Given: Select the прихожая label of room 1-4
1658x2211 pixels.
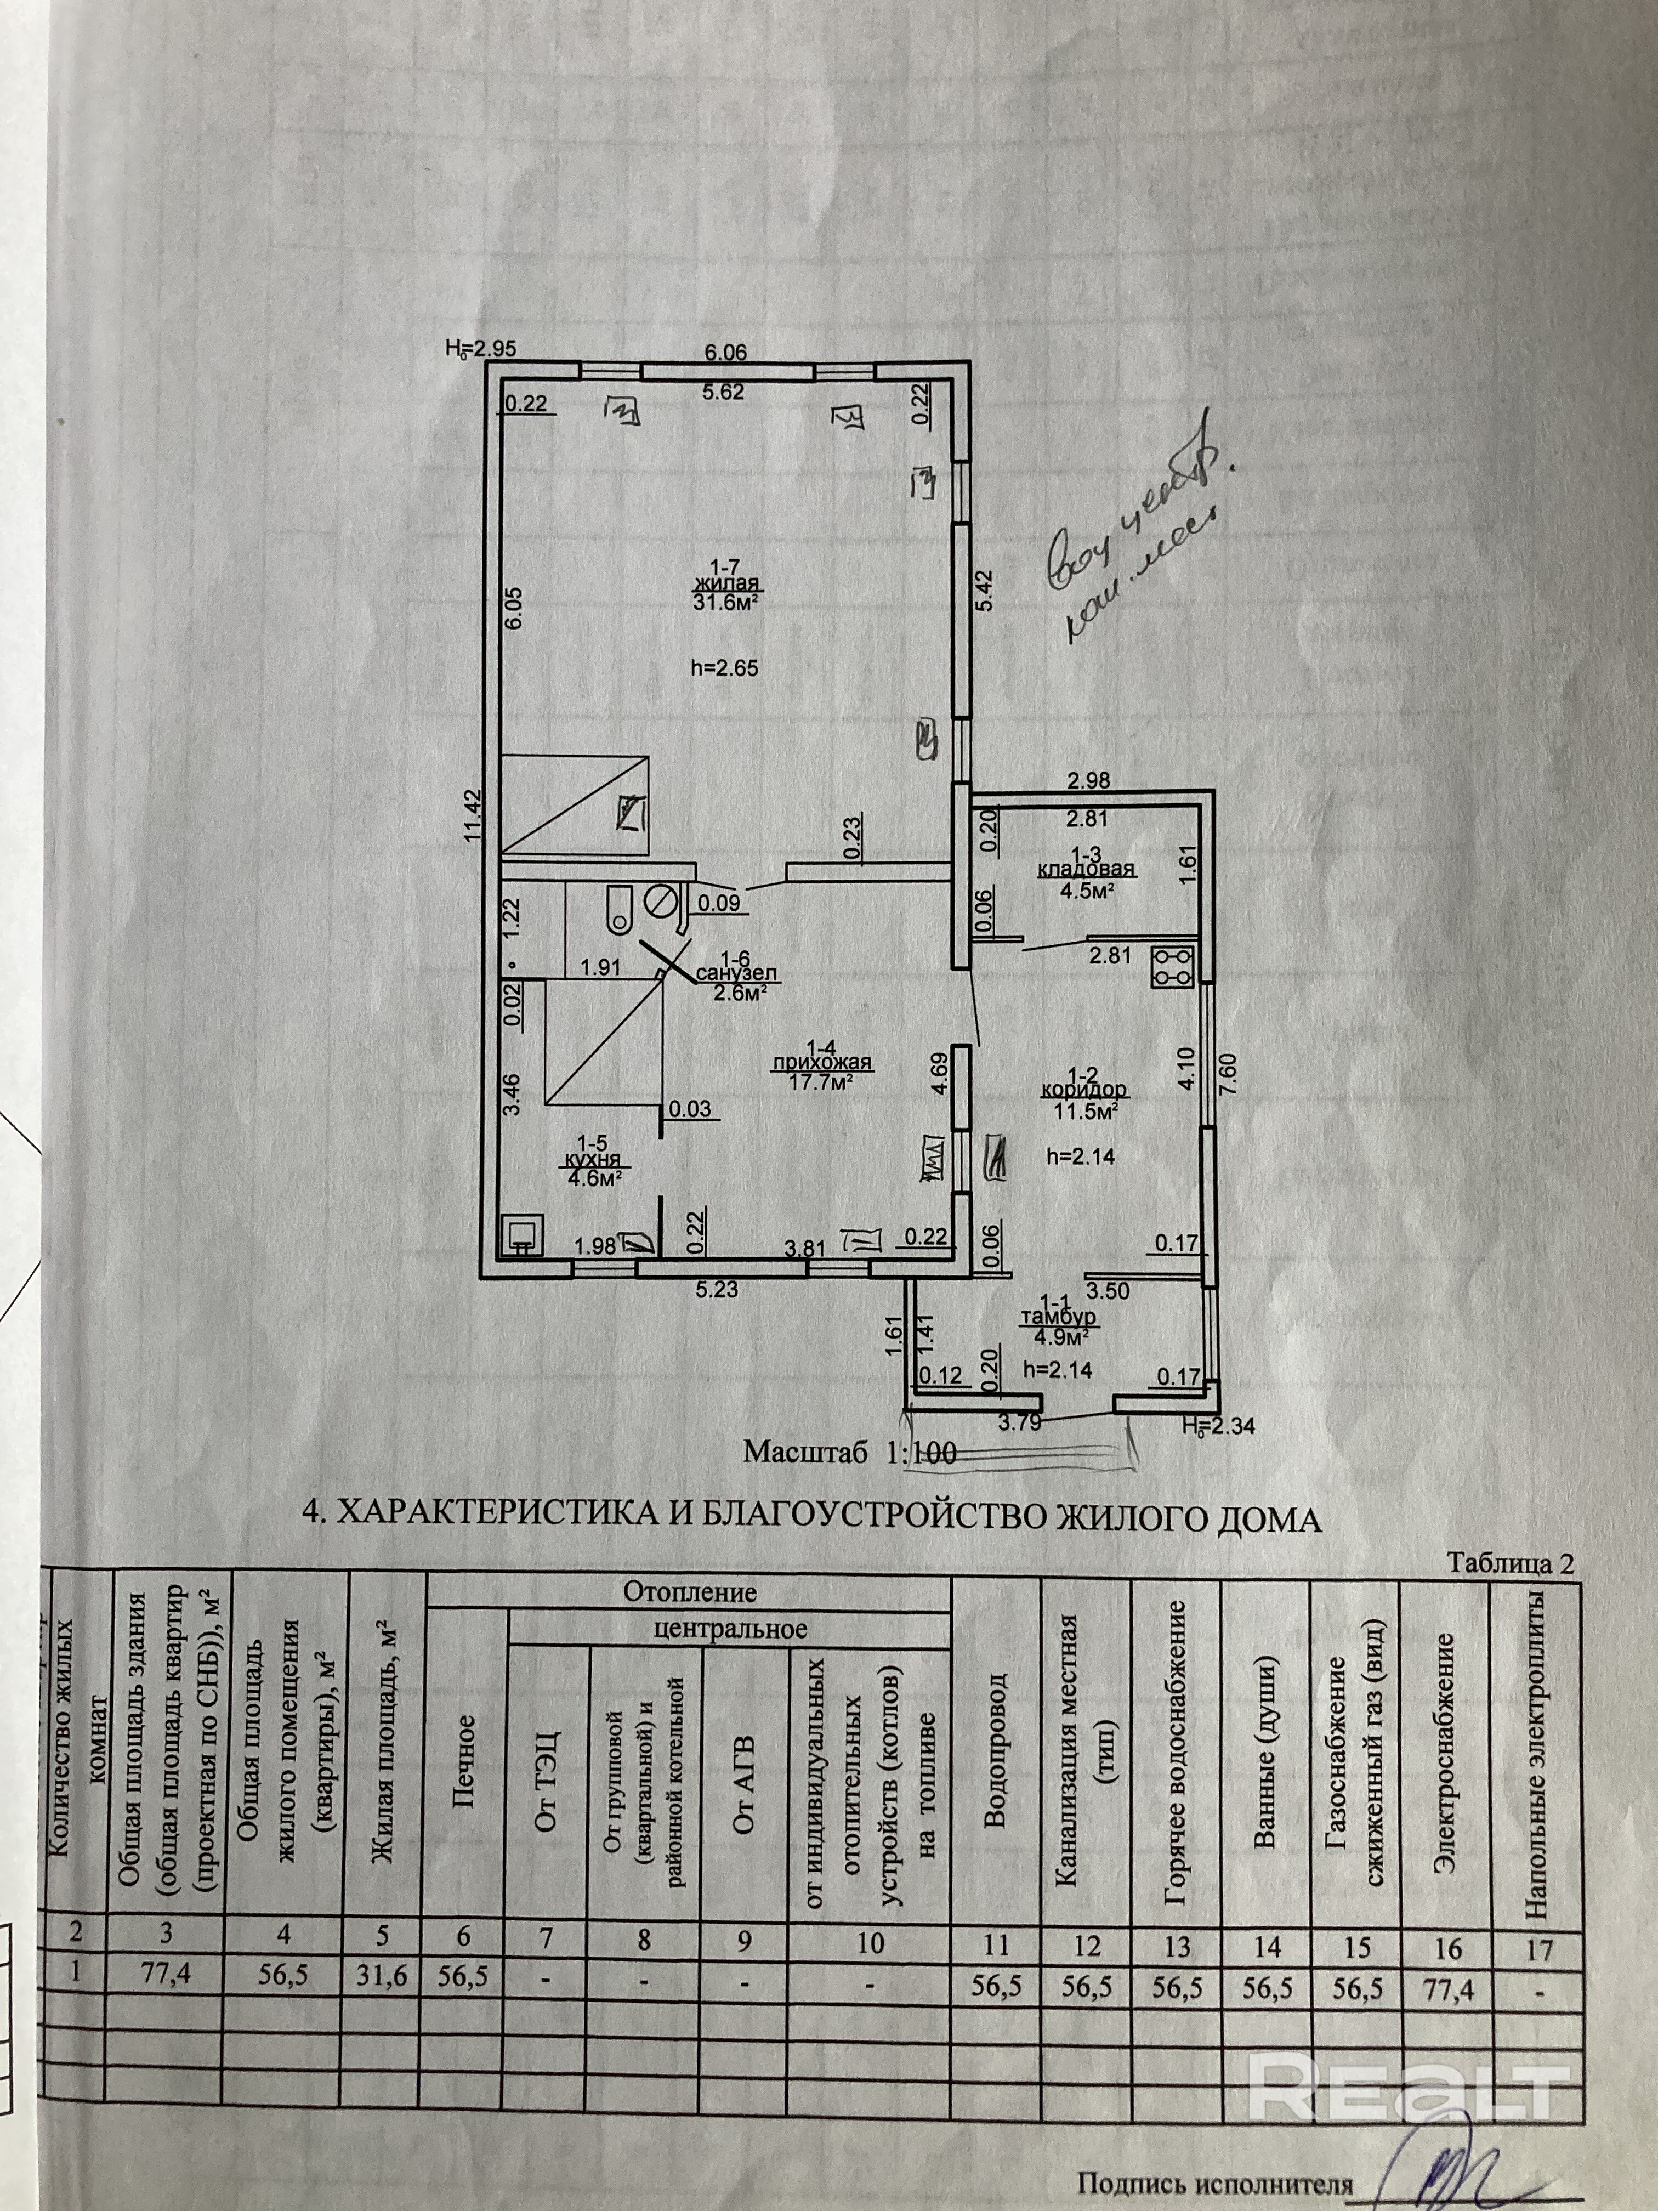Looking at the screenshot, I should click(x=822, y=1063).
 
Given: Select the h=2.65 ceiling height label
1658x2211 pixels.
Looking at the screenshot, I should click(x=725, y=668).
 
